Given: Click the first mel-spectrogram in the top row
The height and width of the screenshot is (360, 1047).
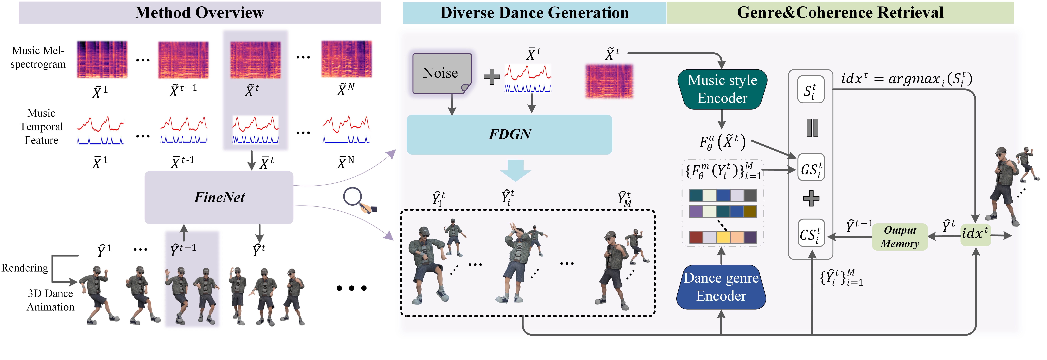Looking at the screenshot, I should (102, 59).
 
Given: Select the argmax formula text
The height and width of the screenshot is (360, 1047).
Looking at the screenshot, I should (906, 78).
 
